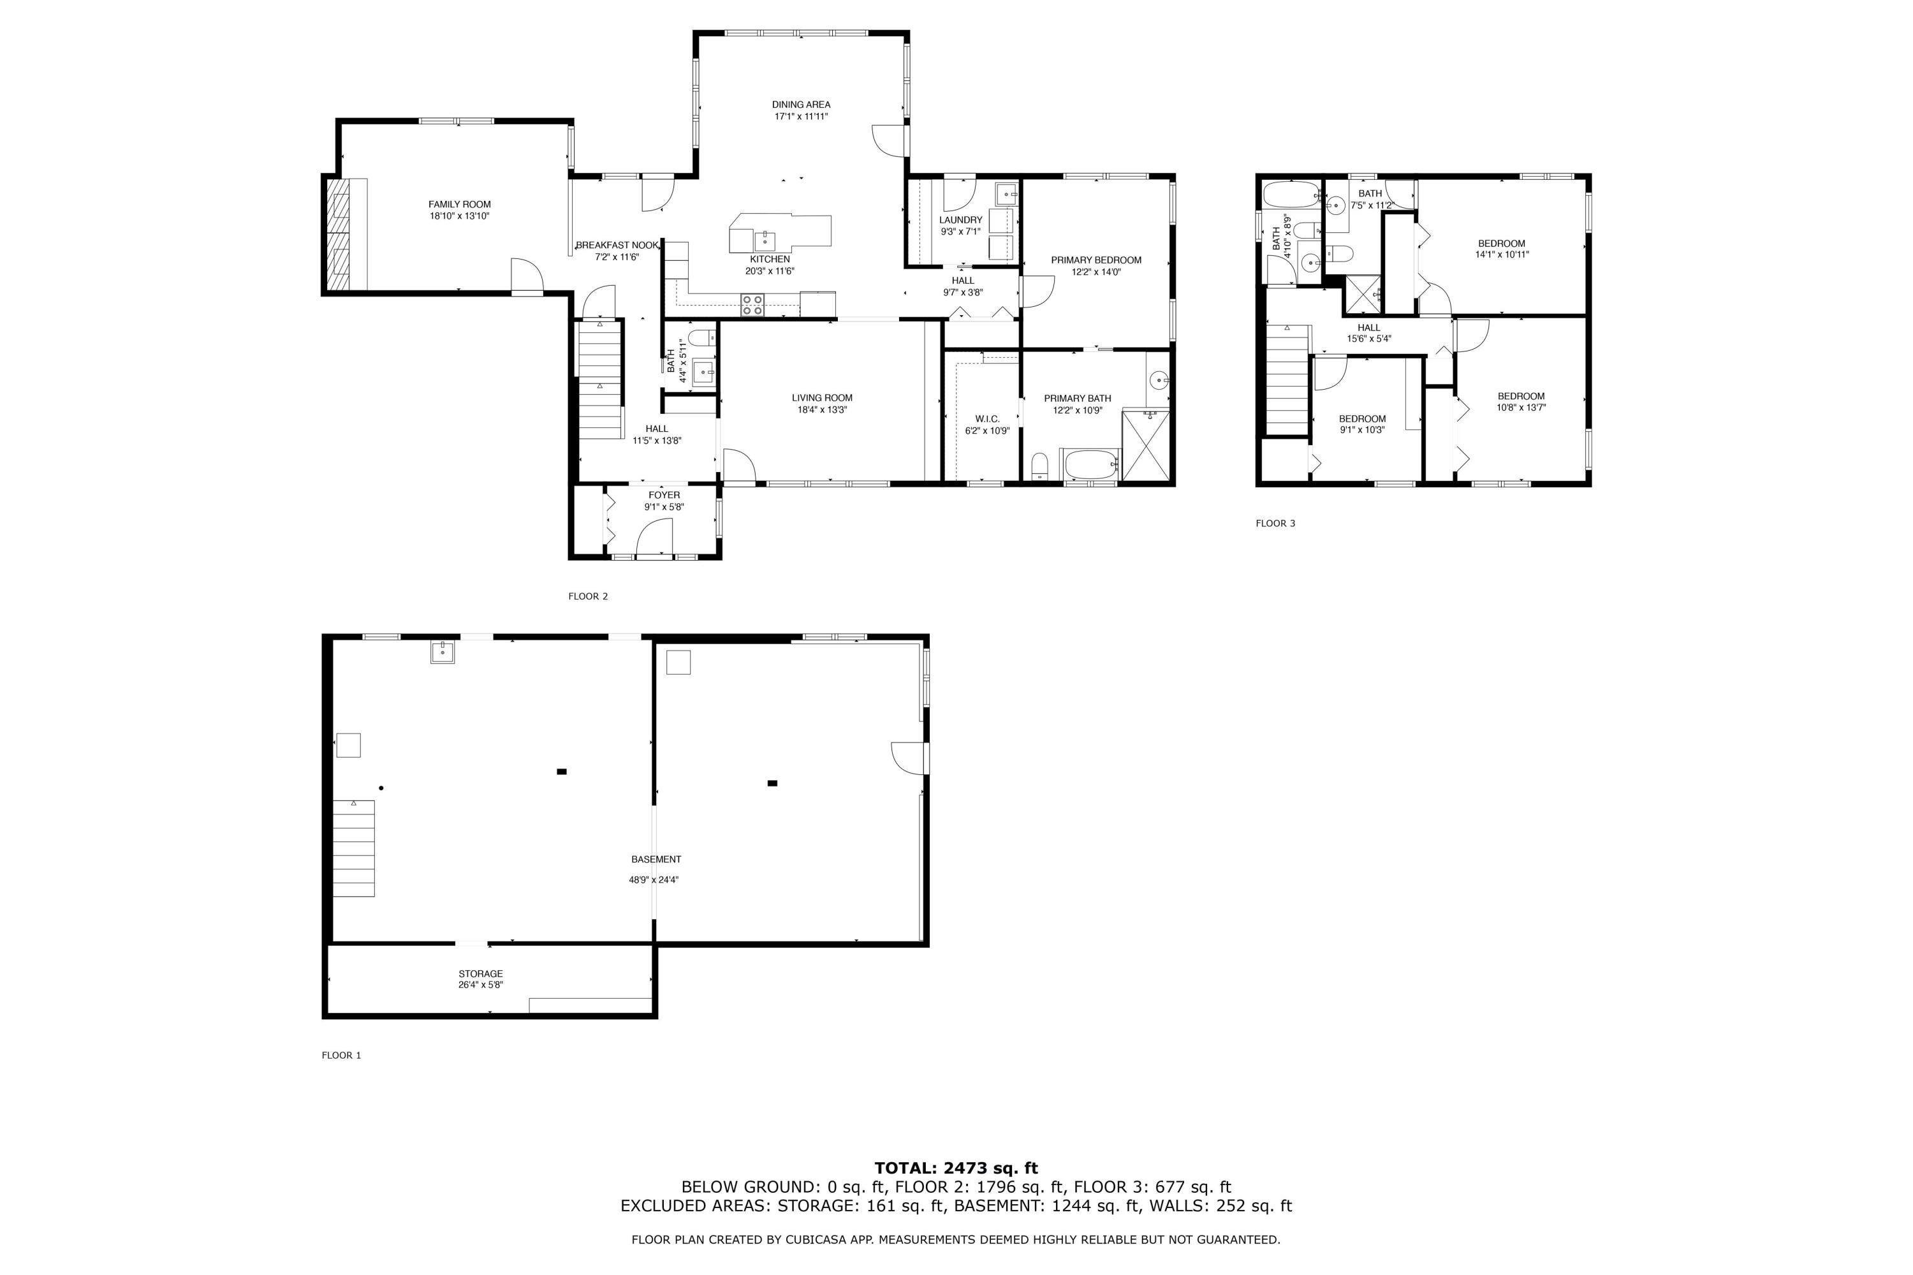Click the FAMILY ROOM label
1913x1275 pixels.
tap(459, 204)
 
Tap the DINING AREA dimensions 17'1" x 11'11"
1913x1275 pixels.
tap(800, 116)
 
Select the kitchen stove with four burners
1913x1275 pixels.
tap(752, 304)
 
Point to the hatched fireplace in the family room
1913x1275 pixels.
tap(337, 234)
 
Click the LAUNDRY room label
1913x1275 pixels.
tap(960, 219)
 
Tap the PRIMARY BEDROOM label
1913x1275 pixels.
tap(1095, 260)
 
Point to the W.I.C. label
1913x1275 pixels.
tap(987, 419)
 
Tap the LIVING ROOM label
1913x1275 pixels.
tap(822, 397)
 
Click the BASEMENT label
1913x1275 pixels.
tap(656, 860)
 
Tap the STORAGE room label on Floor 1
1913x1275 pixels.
tap(480, 973)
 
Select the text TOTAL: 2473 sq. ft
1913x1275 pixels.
tap(955, 1169)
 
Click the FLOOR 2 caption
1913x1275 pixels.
tap(587, 596)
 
